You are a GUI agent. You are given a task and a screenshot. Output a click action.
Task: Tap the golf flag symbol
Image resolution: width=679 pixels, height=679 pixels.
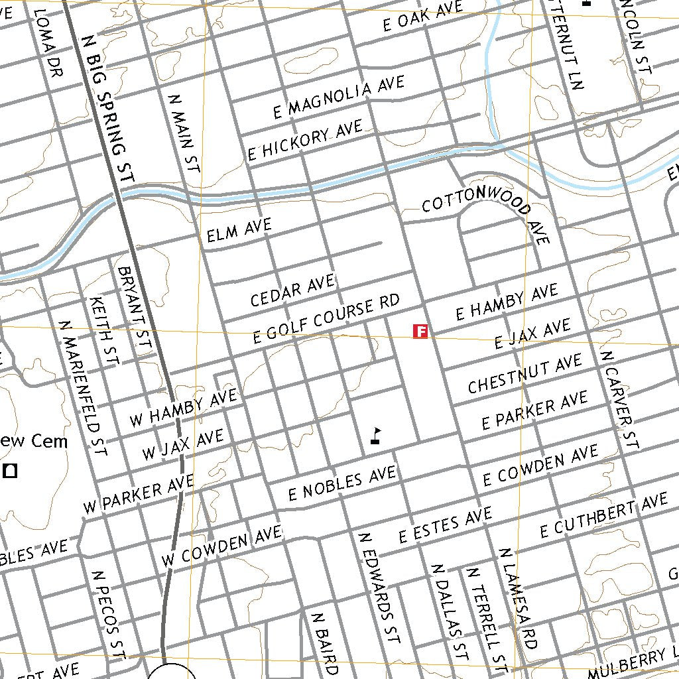click(x=376, y=436)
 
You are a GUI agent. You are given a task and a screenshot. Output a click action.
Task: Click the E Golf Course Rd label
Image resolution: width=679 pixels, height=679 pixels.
click(x=328, y=320)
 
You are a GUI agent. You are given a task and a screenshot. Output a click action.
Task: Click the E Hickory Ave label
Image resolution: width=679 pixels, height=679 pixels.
click(x=305, y=140)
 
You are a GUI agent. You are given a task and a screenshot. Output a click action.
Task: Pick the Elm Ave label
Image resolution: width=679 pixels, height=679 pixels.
click(x=239, y=231)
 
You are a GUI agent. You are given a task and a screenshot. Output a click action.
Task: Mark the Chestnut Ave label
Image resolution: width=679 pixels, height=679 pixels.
click(x=525, y=374)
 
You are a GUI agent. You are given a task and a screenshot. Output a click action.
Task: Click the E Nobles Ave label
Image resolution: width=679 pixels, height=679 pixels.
click(x=342, y=483)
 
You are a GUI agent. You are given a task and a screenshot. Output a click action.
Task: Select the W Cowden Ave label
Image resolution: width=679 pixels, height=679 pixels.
click(x=221, y=546)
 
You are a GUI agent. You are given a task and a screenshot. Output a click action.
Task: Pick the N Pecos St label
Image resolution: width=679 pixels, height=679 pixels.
click(x=109, y=616)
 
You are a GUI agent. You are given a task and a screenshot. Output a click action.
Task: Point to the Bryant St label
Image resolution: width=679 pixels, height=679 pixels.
click(x=134, y=308)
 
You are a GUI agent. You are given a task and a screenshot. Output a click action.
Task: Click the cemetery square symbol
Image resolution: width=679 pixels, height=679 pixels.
click(x=10, y=471)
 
